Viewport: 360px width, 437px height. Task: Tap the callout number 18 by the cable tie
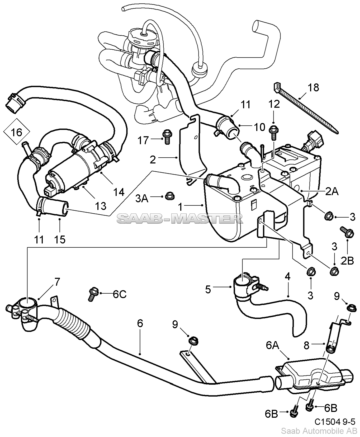(313, 87)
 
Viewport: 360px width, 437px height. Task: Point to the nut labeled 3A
(169, 196)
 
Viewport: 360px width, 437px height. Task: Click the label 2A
(331, 191)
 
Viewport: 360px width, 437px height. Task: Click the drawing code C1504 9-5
(335, 422)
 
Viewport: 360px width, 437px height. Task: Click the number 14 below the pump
(119, 192)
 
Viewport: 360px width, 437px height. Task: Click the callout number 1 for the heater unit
(181, 207)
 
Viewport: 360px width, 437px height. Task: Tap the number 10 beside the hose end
(260, 127)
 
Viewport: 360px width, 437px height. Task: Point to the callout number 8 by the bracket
(306, 345)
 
